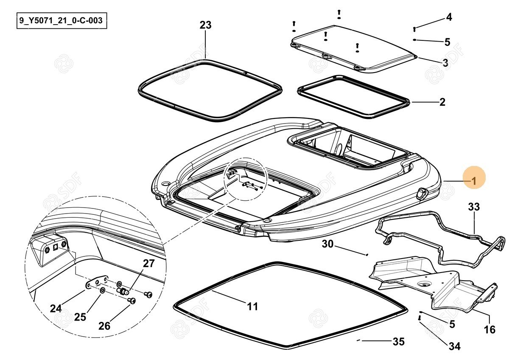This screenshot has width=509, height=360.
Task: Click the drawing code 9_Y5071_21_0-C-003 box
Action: (x=62, y=21)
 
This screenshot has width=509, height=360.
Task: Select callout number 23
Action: (x=205, y=25)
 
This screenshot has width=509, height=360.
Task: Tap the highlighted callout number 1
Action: (x=474, y=181)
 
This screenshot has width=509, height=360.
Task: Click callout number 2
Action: (x=442, y=102)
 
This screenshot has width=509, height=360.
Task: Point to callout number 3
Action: (x=445, y=63)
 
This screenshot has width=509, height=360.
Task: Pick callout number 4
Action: (x=449, y=17)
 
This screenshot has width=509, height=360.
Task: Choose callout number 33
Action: (x=474, y=207)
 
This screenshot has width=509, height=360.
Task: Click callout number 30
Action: (x=328, y=244)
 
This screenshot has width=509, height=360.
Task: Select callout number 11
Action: (x=252, y=306)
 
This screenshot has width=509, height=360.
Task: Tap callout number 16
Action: (x=489, y=329)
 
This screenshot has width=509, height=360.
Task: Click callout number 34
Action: (x=454, y=346)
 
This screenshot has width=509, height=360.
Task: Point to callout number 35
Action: (x=398, y=341)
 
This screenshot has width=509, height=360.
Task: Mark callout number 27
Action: (x=148, y=263)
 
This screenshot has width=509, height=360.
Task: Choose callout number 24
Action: (x=56, y=309)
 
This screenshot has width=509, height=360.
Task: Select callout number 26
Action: (x=104, y=326)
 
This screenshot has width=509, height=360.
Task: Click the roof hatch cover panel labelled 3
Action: (x=352, y=47)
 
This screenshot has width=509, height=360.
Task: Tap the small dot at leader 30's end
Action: (x=366, y=255)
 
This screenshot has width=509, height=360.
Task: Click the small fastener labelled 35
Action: (x=359, y=340)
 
